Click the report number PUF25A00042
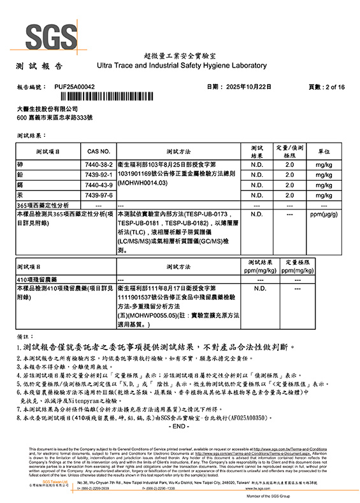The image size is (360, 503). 75,86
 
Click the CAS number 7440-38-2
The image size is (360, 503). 98,164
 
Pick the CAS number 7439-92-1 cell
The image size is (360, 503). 98,174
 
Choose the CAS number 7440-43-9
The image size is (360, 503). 98,185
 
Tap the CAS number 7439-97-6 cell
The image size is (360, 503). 98,195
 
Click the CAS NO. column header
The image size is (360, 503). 98,152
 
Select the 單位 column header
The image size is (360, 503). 323,152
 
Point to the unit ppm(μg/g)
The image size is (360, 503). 323,215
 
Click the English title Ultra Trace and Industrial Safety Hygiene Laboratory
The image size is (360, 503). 181,66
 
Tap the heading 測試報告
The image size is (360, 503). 40,66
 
